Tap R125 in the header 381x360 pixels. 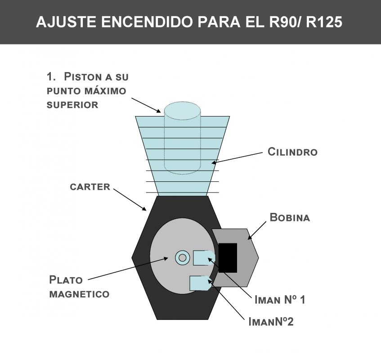coord(324,22)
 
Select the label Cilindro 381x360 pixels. coord(292,152)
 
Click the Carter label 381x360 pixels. coord(90,187)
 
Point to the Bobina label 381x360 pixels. coord(290,217)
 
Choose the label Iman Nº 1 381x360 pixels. coord(280,299)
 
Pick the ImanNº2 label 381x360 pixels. coord(271,322)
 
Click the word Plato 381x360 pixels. coord(66,280)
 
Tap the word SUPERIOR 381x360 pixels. coord(72,105)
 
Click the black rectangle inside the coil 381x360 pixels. coord(228,258)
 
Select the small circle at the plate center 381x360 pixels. coord(182,258)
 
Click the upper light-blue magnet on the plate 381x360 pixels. coord(204,258)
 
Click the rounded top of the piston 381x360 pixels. coord(182,111)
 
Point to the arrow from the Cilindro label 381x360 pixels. coord(237,158)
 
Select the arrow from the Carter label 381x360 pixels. coord(130,199)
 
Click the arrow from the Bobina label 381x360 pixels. coord(257,230)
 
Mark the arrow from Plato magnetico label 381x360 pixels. coord(128,269)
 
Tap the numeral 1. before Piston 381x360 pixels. coord(51,76)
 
